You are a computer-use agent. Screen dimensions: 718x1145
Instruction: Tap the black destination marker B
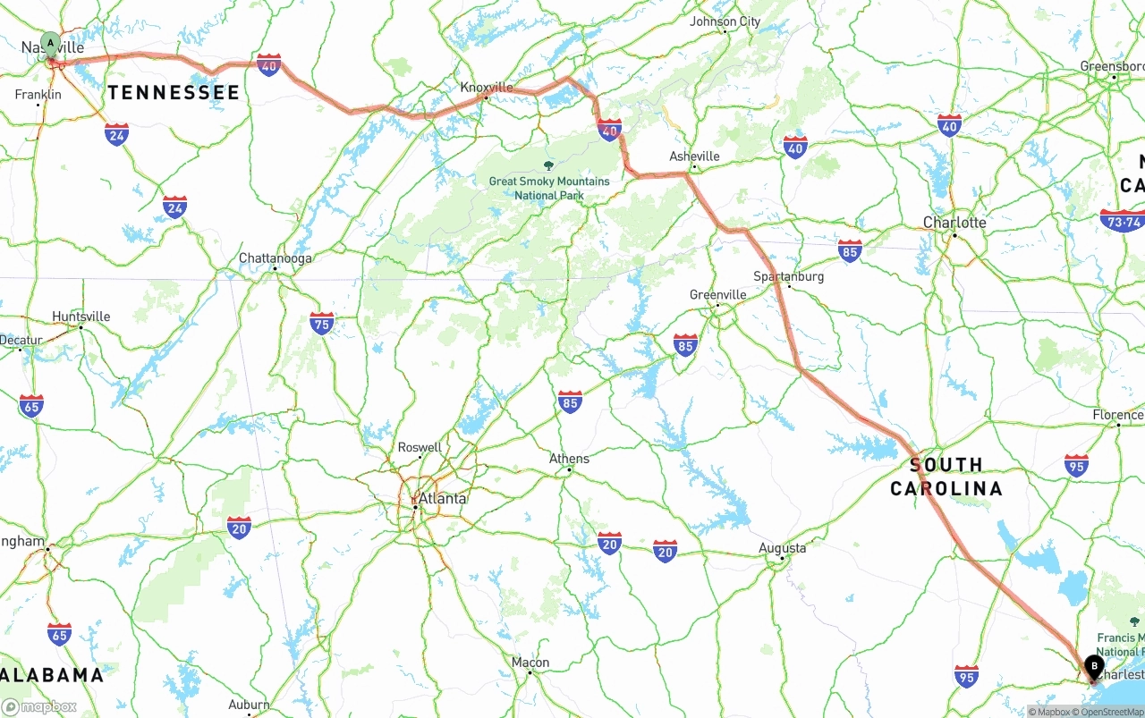click(x=1094, y=666)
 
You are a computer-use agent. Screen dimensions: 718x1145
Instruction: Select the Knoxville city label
click(x=487, y=87)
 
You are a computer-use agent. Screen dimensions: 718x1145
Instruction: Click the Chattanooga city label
click(x=275, y=258)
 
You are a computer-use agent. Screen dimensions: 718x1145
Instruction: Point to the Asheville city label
click(x=694, y=156)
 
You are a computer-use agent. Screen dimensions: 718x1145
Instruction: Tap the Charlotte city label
click(x=954, y=222)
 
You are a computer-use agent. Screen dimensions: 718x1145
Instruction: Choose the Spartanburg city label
click(x=788, y=276)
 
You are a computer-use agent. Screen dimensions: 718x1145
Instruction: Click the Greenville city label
click(x=717, y=294)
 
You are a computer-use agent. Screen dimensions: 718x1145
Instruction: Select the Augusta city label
click(x=782, y=547)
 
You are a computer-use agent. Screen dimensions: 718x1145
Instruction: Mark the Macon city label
click(x=530, y=663)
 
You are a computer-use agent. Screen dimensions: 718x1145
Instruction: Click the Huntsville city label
click(x=81, y=317)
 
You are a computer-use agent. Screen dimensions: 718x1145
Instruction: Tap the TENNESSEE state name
click(x=174, y=92)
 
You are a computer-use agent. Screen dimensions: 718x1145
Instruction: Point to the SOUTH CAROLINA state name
click(x=946, y=476)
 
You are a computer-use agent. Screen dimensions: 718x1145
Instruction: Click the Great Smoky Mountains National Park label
click(x=548, y=188)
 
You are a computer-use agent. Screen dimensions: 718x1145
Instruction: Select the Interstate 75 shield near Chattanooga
click(x=322, y=323)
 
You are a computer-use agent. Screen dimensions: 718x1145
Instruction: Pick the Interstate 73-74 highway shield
click(x=1122, y=221)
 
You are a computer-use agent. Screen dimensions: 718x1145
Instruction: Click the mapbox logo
click(x=39, y=706)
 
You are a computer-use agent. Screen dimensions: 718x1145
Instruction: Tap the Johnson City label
click(x=725, y=21)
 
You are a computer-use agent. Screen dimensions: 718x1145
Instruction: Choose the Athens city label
click(x=569, y=459)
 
